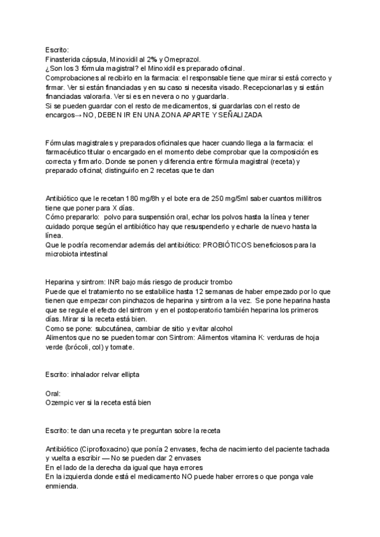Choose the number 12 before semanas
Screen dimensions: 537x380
pyautogui.click(x=198, y=291)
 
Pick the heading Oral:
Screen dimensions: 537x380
pyautogui.click(x=53, y=393)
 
